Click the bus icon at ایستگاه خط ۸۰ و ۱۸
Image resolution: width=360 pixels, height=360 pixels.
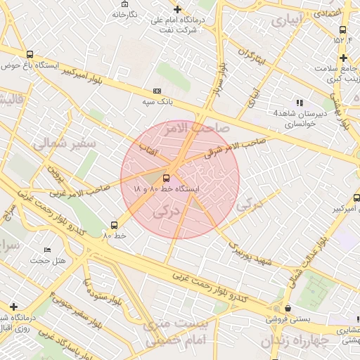[x=167, y=178]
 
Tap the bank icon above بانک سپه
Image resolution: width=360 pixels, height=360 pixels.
[x=157, y=91]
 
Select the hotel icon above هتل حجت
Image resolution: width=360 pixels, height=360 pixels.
[x=47, y=250]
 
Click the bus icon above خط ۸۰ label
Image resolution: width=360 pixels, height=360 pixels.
[x=114, y=225]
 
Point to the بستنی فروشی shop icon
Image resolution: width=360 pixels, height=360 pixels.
[x=288, y=308]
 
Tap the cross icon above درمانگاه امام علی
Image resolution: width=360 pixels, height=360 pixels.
[x=177, y=9]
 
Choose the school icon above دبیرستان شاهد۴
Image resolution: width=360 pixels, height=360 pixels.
[x=300, y=103]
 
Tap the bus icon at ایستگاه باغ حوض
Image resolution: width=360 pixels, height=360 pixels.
[x=29, y=54]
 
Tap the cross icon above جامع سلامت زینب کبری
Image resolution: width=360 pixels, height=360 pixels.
[x=342, y=57]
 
